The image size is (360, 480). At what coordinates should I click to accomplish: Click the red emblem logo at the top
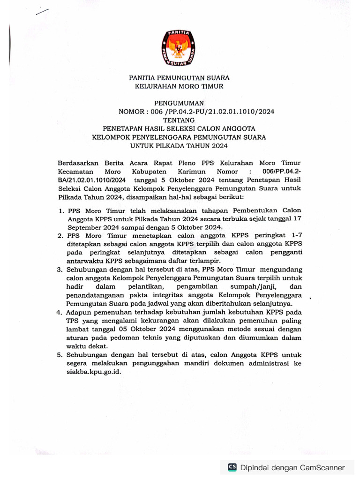click(x=179, y=47)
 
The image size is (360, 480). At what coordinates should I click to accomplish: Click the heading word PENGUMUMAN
click(x=180, y=102)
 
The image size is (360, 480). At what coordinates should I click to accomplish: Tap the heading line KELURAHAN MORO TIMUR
click(x=180, y=86)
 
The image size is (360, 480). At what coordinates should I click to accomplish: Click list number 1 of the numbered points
click(x=61, y=211)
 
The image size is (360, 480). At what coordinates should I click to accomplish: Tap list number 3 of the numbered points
click(x=60, y=270)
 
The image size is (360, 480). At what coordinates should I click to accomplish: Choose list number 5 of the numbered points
click(x=60, y=355)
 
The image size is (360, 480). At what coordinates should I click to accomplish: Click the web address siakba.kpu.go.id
click(x=97, y=372)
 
